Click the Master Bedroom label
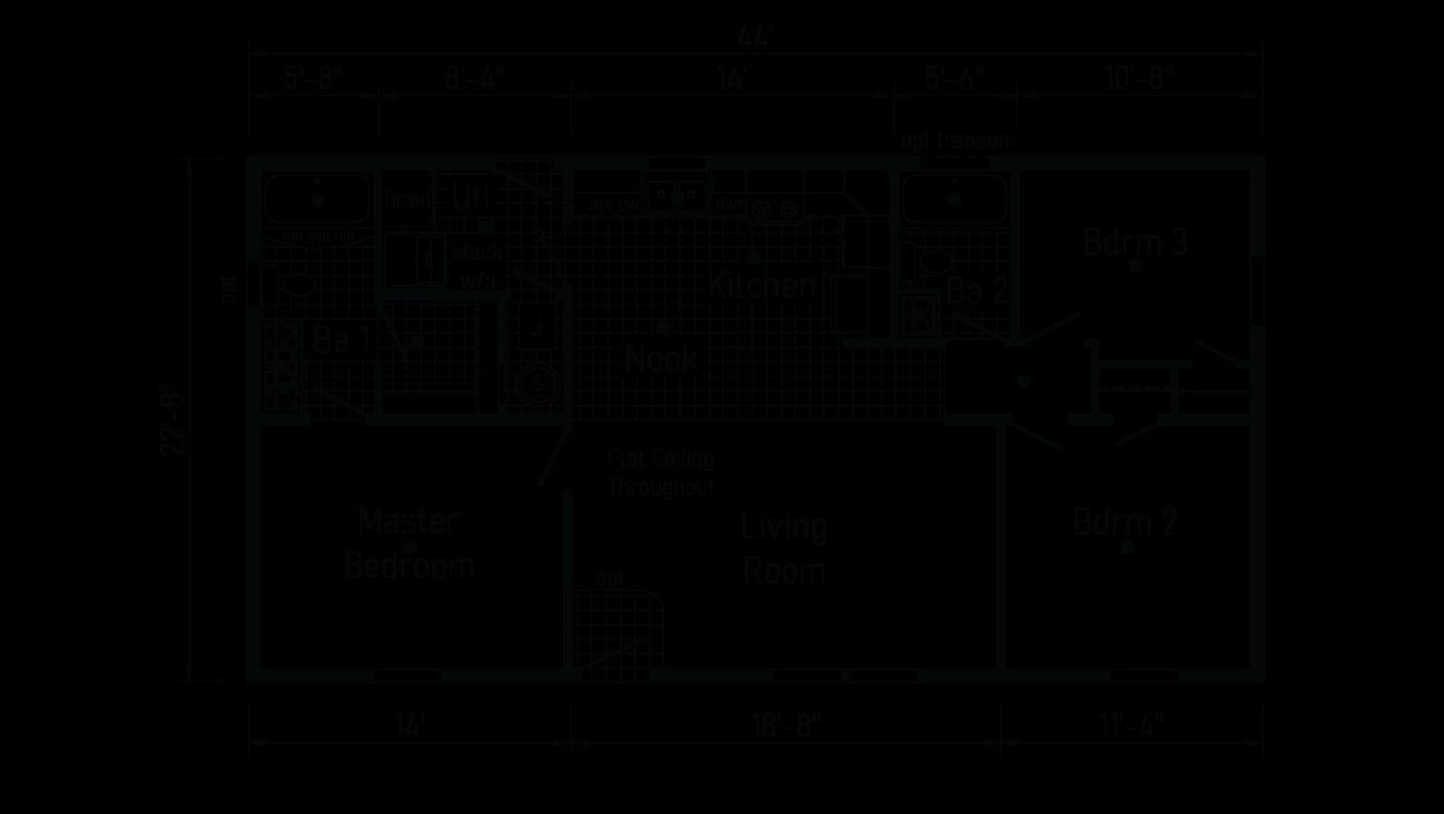408,544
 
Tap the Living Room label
783,549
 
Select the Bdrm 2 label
1125,523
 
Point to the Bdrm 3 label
1134,242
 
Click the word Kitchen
761,286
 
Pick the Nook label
661,359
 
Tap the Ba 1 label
342,340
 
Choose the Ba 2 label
976,291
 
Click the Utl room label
472,196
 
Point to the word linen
407,198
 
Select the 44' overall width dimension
755,37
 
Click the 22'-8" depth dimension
173,419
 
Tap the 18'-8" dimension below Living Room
784,726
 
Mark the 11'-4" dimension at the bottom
1132,726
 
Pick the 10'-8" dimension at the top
1139,77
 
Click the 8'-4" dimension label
475,77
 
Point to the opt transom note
957,141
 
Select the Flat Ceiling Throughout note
661,473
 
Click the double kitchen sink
676,196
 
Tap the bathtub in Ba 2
955,198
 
